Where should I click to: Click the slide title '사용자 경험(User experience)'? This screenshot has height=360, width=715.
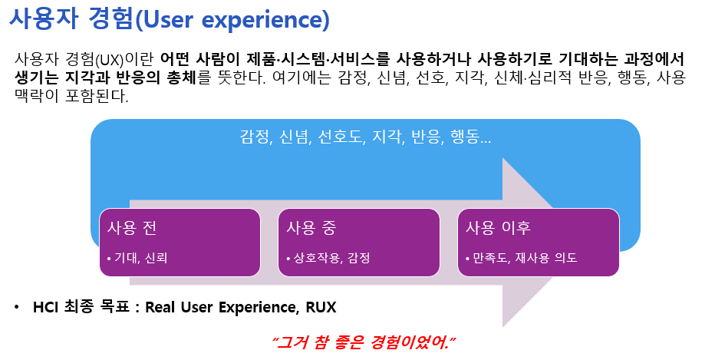click(170, 20)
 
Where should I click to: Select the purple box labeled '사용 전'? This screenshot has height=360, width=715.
click(180, 242)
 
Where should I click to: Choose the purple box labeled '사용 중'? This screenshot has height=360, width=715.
click(358, 242)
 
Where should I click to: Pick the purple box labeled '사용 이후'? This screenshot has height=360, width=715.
click(538, 242)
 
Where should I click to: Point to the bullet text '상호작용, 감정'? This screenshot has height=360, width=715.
click(328, 258)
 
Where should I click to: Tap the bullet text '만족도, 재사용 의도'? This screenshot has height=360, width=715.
click(521, 258)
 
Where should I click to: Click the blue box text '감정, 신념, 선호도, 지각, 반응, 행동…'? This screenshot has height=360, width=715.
click(365, 138)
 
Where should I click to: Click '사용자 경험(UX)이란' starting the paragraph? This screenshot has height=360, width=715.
click(84, 59)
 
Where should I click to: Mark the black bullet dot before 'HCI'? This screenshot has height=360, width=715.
click(18, 308)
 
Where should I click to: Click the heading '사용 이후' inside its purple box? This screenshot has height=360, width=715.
click(499, 228)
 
